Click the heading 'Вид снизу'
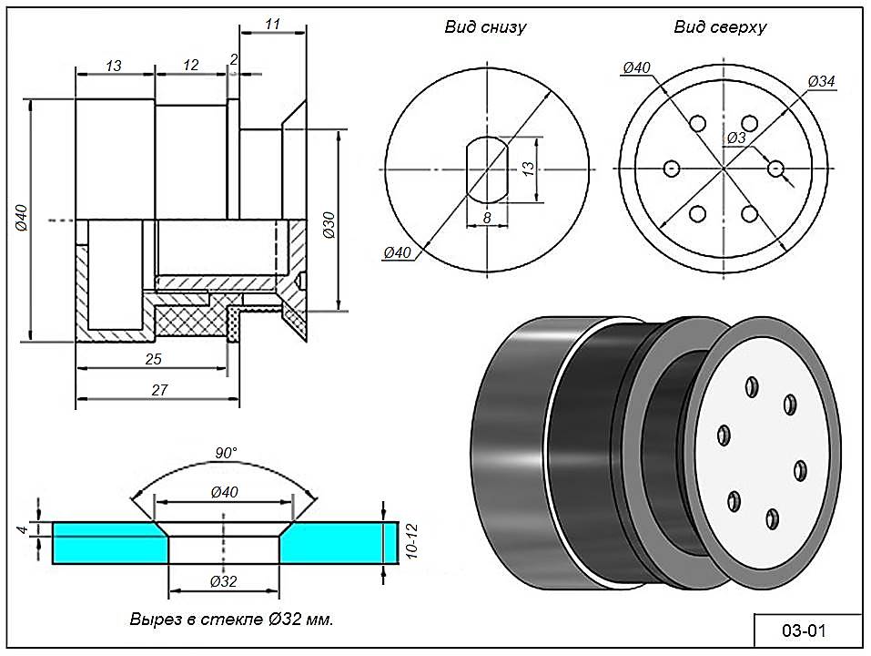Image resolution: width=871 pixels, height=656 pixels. click(x=485, y=27)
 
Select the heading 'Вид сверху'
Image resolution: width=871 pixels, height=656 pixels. click(x=720, y=27)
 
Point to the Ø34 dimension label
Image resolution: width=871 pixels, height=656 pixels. click(x=821, y=82)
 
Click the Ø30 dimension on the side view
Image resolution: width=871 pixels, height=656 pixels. click(x=329, y=224)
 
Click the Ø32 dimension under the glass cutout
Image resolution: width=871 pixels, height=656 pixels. click(x=224, y=581)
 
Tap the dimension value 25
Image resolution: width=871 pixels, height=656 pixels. click(x=153, y=359)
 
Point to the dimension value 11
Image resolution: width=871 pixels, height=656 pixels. click(x=273, y=25)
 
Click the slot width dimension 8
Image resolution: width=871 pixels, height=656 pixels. click(x=487, y=218)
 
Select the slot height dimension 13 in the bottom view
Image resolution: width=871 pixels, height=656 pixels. click(x=527, y=169)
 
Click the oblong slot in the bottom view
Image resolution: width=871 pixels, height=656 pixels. click(x=486, y=169)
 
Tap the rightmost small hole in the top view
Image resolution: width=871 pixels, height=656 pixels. click(x=775, y=169)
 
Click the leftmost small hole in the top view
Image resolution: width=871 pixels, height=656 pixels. click(x=672, y=169)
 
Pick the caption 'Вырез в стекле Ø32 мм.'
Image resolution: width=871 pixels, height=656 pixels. click(x=231, y=620)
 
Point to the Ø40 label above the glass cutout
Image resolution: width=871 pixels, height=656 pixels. click(x=224, y=492)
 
